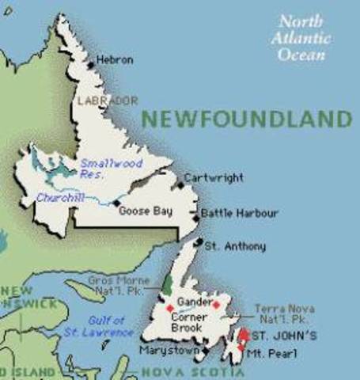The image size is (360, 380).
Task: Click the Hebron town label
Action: (116, 59)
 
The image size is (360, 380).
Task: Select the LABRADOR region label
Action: (108, 101)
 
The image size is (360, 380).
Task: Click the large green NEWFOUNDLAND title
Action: (246, 120)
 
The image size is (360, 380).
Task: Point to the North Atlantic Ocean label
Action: (301, 38)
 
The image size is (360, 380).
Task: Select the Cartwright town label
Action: (214, 178)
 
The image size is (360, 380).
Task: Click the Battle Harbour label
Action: (239, 212)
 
